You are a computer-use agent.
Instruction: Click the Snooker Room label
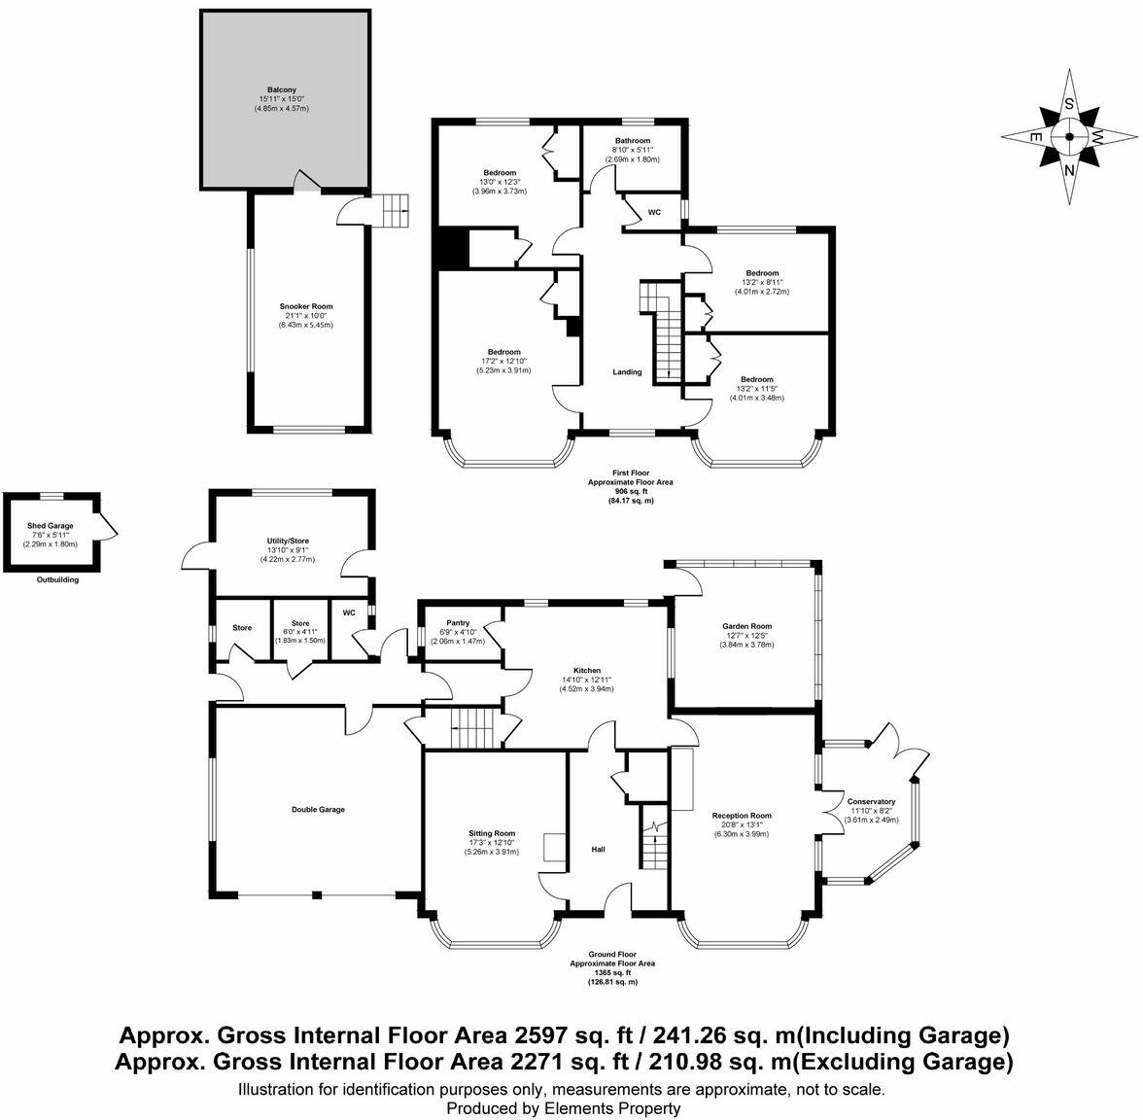[309, 306]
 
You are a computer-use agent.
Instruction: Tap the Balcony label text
[282, 88]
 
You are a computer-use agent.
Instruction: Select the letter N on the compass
[1070, 172]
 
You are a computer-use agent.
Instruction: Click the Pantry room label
[458, 622]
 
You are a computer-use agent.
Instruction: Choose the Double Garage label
[318, 809]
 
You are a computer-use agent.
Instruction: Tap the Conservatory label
[872, 801]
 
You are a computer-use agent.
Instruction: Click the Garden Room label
[746, 626]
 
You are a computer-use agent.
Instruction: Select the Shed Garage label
[50, 525]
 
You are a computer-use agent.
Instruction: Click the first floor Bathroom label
[632, 140]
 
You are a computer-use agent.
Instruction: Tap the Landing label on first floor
[626, 371]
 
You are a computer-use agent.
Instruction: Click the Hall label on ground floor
[599, 850]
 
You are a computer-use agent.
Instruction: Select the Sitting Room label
[492, 833]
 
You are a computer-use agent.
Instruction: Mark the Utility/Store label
[288, 541]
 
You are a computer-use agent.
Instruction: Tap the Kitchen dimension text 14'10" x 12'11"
[586, 681]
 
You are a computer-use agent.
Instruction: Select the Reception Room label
[742, 816]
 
